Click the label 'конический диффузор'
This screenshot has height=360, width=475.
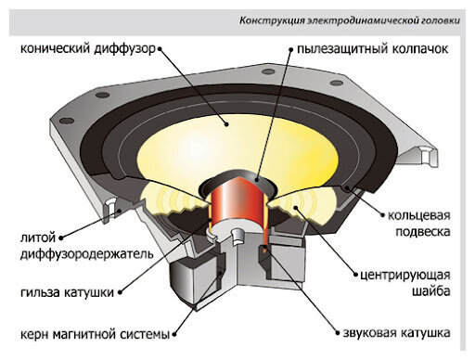click(88, 49)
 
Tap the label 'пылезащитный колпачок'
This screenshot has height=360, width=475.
click(373, 49)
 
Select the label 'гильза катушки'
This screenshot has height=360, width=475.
click(67, 292)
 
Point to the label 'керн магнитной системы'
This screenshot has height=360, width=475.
click(95, 334)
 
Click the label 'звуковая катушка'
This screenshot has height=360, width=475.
click(397, 333)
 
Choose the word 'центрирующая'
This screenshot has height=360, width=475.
click(405, 276)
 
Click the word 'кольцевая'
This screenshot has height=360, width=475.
click(419, 215)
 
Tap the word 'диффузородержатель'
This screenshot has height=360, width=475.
click(87, 254)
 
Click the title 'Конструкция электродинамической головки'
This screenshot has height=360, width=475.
click(350, 21)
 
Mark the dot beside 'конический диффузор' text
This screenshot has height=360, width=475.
click(160, 49)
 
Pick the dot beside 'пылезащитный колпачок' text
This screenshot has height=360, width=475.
click(291, 49)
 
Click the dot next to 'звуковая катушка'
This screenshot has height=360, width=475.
click(338, 333)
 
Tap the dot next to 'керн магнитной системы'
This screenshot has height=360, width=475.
click(174, 334)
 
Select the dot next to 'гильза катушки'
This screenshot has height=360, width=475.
click(120, 292)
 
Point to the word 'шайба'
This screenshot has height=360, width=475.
click(431, 291)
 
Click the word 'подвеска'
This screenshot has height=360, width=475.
click(423, 232)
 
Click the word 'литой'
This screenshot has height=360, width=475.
click(38, 238)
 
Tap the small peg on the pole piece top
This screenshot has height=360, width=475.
click(237, 236)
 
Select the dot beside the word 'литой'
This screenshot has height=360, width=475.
click(61, 238)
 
